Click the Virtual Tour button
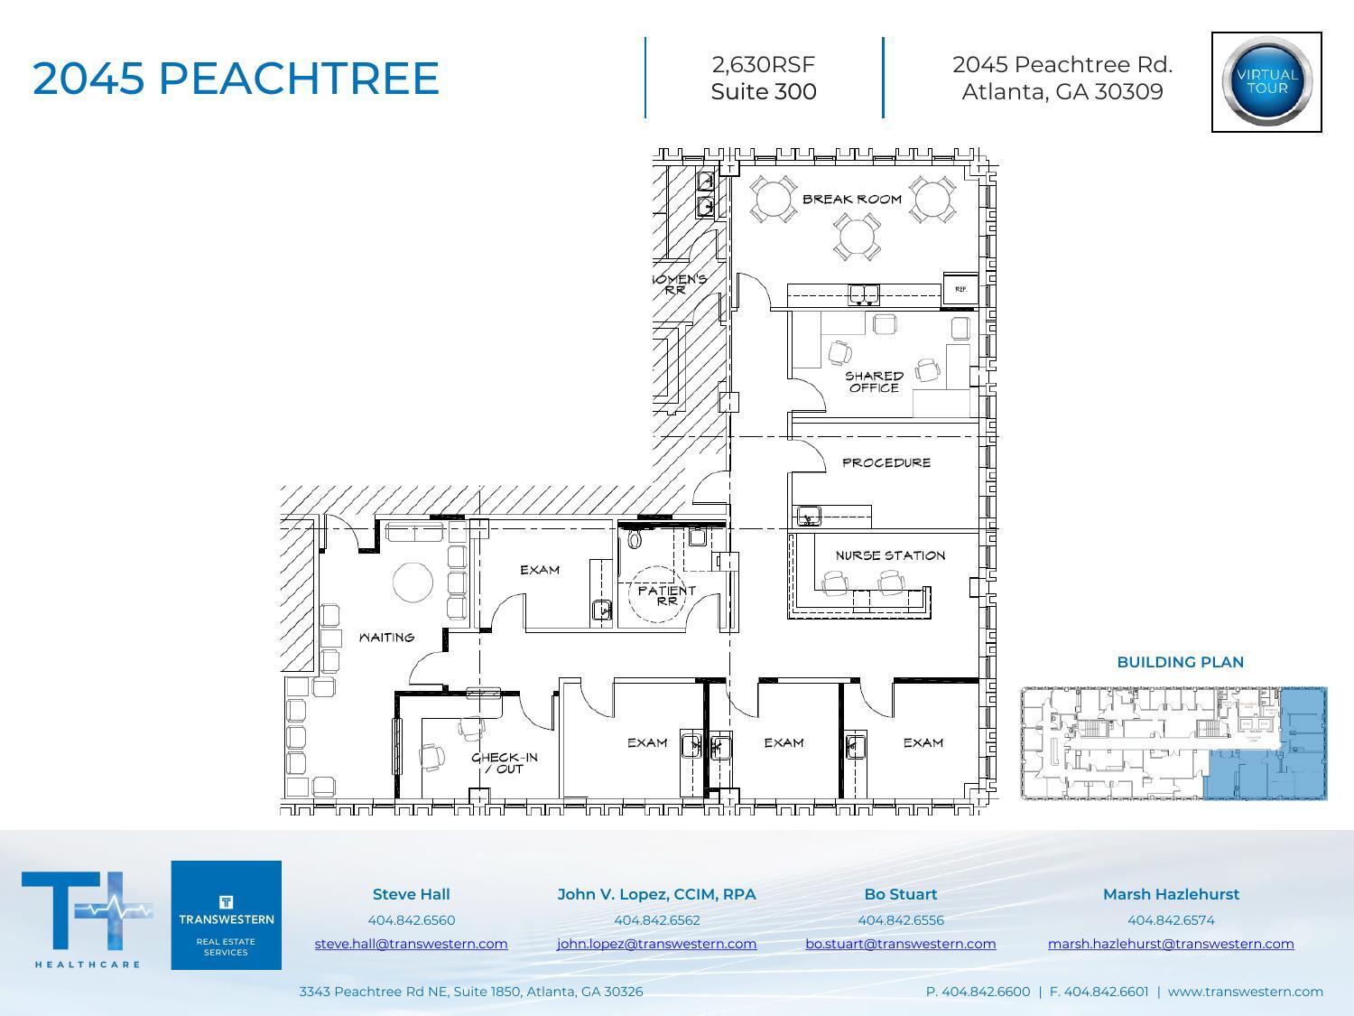pyautogui.click(x=1266, y=82)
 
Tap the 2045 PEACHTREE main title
pyautogui.click(x=236, y=79)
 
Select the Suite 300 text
pyautogui.click(x=764, y=92)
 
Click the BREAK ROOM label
pyautogui.click(x=851, y=199)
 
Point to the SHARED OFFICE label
pyautogui.click(x=873, y=381)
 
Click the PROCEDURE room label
pyautogui.click(x=886, y=462)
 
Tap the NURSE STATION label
pyautogui.click(x=889, y=555)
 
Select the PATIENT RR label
pyautogui.click(x=666, y=595)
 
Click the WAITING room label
pyautogui.click(x=386, y=638)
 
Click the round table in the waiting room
pyautogui.click(x=413, y=583)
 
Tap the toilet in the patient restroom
pyautogui.click(x=634, y=539)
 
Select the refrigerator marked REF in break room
pyautogui.click(x=960, y=288)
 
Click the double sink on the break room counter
pyautogui.click(x=864, y=294)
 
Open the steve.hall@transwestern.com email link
pyautogui.click(x=411, y=944)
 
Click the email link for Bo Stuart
pyautogui.click(x=900, y=944)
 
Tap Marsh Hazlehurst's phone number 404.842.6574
pyautogui.click(x=1170, y=920)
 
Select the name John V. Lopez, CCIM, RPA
pyautogui.click(x=656, y=894)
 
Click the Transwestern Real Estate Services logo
pyautogui.click(x=226, y=915)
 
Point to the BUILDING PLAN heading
pyautogui.click(x=1180, y=662)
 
